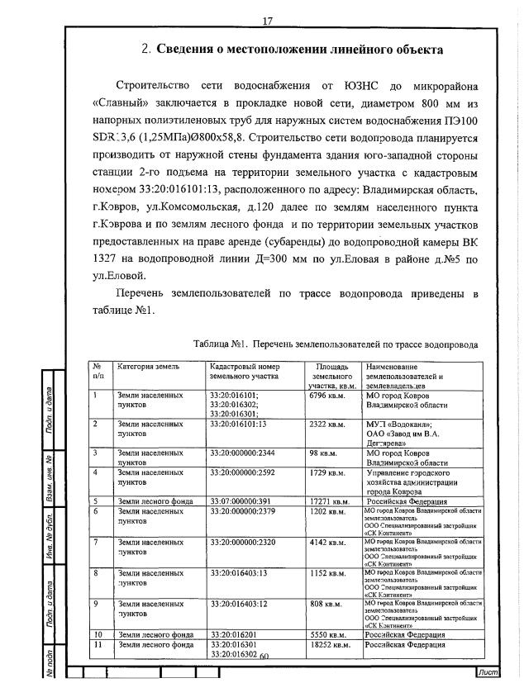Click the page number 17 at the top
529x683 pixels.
(x=267, y=21)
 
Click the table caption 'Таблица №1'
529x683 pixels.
(x=222, y=343)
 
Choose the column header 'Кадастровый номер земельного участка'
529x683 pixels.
(x=245, y=371)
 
